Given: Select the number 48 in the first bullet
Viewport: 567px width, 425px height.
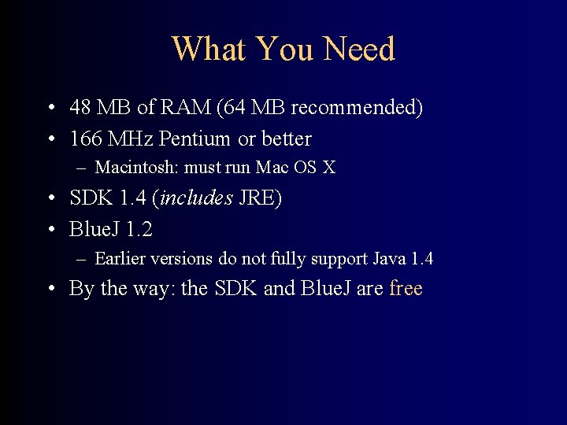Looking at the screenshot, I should [x=81, y=107].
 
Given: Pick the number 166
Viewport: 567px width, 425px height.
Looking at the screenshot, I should [x=86, y=139].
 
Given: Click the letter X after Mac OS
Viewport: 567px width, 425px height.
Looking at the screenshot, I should [x=328, y=168].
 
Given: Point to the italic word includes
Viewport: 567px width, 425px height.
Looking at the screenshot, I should [x=197, y=198].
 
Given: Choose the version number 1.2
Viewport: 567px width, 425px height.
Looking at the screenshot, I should [x=139, y=230].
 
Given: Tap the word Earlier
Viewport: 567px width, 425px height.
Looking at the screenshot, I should [x=119, y=258].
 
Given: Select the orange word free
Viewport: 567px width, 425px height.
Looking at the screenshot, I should [x=406, y=289].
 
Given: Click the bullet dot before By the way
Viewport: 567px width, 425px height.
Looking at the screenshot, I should [x=50, y=290].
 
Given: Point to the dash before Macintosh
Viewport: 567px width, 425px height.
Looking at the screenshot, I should [x=82, y=168].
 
